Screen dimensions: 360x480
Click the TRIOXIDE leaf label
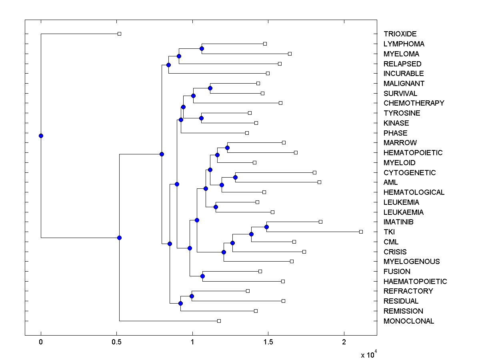pos(400,34)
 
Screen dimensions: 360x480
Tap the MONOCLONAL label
pos(408,321)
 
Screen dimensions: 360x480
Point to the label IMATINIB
pos(398,222)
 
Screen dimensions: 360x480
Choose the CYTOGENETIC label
pos(410,173)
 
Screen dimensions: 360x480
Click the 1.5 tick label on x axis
pos(268,342)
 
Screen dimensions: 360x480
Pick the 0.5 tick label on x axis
pos(116,342)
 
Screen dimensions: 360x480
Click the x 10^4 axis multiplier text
pos(368,354)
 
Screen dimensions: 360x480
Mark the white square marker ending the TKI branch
pos(361,232)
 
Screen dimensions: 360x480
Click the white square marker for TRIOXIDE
pos(119,34)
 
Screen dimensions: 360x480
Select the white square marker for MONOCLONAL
pos(219,321)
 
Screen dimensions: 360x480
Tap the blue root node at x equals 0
pos(41,136)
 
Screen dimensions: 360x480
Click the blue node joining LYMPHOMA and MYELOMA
pos(202,48)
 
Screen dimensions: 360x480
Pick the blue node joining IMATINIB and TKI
pos(267,227)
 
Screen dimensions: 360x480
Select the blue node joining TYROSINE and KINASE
pos(202,118)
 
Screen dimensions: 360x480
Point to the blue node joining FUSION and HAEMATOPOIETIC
pos(202,276)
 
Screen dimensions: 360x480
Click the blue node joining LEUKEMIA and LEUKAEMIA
pos(216,207)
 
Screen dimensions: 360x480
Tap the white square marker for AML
pos(319,182)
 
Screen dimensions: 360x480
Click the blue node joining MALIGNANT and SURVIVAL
pos(210,88)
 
